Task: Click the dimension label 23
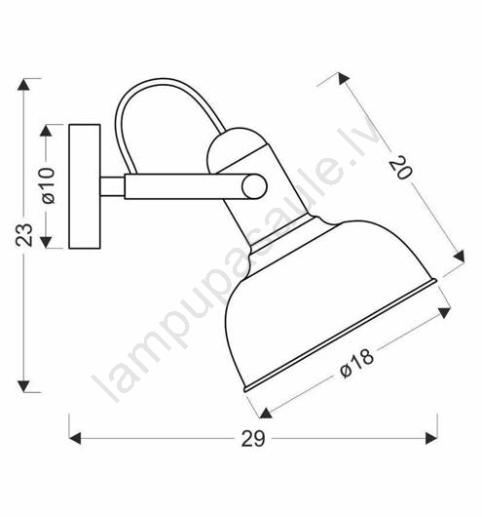point(24,235)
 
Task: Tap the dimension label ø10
point(48,186)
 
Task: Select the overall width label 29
point(253,439)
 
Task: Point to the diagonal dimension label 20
point(400,169)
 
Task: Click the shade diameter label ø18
point(357,363)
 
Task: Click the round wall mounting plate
point(85,186)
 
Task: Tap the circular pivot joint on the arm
point(254,186)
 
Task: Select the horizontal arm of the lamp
point(184,186)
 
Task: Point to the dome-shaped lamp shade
point(326,306)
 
